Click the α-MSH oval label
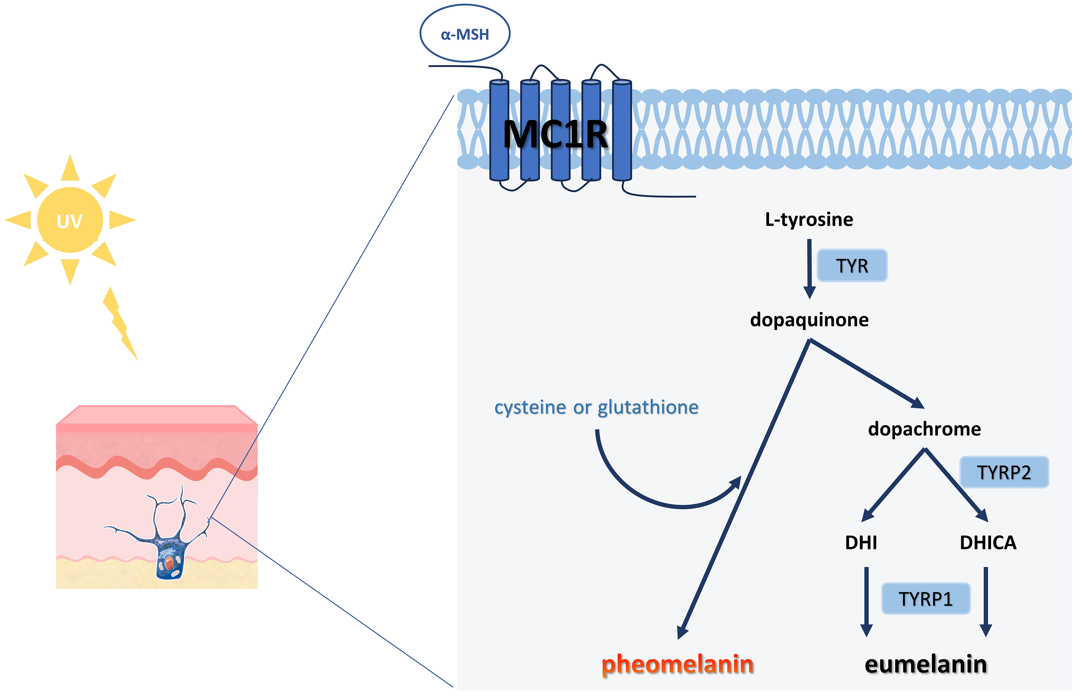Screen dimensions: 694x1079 point(465,34)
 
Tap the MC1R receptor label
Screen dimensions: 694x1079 point(555,134)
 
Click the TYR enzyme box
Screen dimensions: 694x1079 point(852,266)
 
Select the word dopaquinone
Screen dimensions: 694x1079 point(809,319)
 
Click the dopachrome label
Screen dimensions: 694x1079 point(924,428)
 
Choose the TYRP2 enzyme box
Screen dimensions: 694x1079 point(1004,472)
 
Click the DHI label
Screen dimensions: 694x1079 point(861,543)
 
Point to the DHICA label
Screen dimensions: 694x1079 point(988,543)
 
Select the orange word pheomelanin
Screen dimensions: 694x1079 point(677,664)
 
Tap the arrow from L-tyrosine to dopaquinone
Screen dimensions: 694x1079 point(809,268)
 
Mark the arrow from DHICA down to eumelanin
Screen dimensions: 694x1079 point(986,602)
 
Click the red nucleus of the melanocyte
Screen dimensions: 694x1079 point(169,562)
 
